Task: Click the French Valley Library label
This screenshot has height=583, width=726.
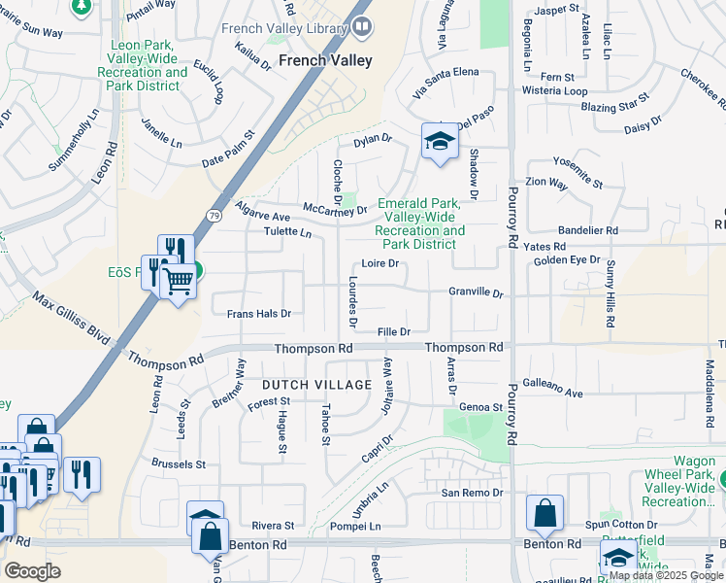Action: (x=284, y=28)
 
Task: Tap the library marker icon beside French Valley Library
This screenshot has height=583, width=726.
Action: (x=363, y=27)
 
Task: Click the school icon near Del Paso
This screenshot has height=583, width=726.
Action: (x=439, y=142)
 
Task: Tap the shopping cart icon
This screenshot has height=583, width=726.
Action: (x=178, y=282)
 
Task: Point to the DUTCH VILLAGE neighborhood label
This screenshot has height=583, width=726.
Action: (x=315, y=386)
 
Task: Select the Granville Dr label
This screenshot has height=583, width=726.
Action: (x=476, y=292)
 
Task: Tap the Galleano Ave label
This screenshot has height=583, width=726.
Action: (x=552, y=393)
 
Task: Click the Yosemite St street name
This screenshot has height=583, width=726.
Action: (x=577, y=157)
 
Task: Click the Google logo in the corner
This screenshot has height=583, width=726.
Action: (x=32, y=571)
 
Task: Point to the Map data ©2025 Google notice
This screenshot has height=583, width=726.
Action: (x=666, y=575)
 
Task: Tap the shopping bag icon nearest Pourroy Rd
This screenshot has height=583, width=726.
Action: (x=545, y=513)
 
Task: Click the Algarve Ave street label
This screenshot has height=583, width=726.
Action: (x=263, y=216)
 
